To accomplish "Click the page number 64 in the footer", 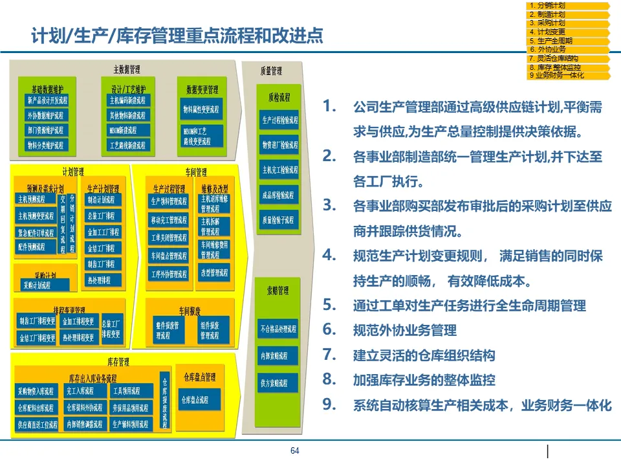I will click(295, 451).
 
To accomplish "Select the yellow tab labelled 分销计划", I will click(568, 6).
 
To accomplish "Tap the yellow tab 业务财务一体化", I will click(568, 76).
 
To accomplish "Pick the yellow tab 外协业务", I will click(568, 49).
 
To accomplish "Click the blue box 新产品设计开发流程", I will click(47, 101).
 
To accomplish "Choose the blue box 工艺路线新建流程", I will click(127, 146).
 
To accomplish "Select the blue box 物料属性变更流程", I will click(202, 109).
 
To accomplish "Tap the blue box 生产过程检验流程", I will click(279, 120).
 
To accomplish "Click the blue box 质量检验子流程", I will click(279, 220).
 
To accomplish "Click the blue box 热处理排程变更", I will click(78, 337).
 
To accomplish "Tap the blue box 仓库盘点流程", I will click(195, 400).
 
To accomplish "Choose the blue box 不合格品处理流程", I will click(278, 329).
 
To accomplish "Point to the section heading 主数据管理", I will click(127, 69).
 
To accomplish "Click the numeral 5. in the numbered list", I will click(329, 305).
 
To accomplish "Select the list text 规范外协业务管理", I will click(405, 331).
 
